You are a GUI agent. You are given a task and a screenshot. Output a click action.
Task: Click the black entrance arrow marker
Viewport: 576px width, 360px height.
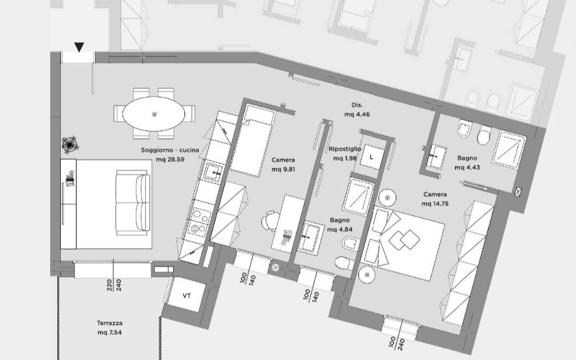point(79,47)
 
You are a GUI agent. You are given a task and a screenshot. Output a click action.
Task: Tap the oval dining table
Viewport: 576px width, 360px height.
point(154,114)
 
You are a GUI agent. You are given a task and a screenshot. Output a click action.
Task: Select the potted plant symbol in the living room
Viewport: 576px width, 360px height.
point(70,144)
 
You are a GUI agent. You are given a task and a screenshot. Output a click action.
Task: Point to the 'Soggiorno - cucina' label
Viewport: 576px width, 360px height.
point(170,150)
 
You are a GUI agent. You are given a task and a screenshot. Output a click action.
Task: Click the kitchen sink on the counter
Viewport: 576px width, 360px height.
point(213,172)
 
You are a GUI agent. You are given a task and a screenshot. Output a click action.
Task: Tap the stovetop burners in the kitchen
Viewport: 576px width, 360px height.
point(199,221)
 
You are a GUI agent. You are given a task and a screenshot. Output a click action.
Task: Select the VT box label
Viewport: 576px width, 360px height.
point(187,295)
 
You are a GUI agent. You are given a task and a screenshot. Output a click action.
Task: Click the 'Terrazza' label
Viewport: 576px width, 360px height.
point(110,323)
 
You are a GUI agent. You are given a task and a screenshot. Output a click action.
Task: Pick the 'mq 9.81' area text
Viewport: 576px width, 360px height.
point(283,170)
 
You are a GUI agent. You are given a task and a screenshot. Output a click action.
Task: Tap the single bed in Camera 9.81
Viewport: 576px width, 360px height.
point(253,140)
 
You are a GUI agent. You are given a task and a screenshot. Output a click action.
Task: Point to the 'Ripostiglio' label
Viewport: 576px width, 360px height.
point(345,149)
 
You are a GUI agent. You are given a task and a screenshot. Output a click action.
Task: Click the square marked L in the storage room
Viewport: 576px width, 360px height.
point(371,157)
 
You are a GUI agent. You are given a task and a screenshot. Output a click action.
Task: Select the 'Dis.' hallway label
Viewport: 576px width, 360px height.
point(357,105)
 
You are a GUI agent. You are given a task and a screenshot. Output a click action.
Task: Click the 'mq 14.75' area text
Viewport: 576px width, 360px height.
point(435,204)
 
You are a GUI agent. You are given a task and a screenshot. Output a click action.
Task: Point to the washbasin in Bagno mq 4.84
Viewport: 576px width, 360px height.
point(310,237)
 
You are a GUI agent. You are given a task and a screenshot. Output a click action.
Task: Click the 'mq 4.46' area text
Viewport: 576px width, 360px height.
point(357,114)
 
